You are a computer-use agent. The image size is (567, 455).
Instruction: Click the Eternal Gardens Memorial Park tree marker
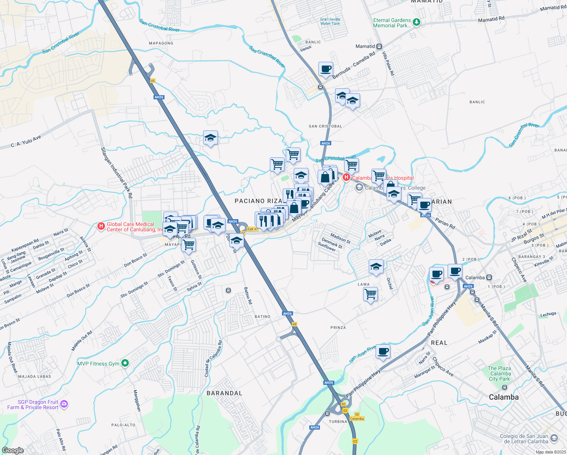tap(417, 22)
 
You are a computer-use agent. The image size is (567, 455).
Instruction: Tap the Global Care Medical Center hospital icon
tap(101, 226)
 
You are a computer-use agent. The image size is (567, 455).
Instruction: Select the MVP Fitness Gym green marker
tap(125, 363)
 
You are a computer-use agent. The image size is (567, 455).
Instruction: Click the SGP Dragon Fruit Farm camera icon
tap(64, 404)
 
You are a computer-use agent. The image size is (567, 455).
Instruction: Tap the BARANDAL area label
tap(224, 393)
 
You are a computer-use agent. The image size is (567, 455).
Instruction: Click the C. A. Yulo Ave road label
tap(26, 141)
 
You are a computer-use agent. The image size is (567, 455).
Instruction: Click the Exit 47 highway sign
tap(252, 229)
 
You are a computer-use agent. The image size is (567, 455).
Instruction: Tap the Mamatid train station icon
tap(379, 46)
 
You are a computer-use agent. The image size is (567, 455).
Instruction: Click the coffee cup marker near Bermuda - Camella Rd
tap(326, 69)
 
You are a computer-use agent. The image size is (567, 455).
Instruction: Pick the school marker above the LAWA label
tap(376, 267)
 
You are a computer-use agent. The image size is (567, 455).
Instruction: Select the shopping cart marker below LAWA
tap(370, 294)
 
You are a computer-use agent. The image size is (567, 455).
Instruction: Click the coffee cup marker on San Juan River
tap(383, 351)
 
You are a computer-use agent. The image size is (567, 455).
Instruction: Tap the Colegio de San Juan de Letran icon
tap(554, 439)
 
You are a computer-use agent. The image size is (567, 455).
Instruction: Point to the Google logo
tap(13, 450)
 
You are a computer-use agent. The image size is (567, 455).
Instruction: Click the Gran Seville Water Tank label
tap(330, 22)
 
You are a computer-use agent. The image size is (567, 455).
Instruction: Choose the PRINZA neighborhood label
tap(338, 328)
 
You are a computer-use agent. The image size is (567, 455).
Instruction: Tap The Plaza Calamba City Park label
tap(499, 373)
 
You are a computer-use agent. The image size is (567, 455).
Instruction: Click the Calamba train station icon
tap(489, 278)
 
